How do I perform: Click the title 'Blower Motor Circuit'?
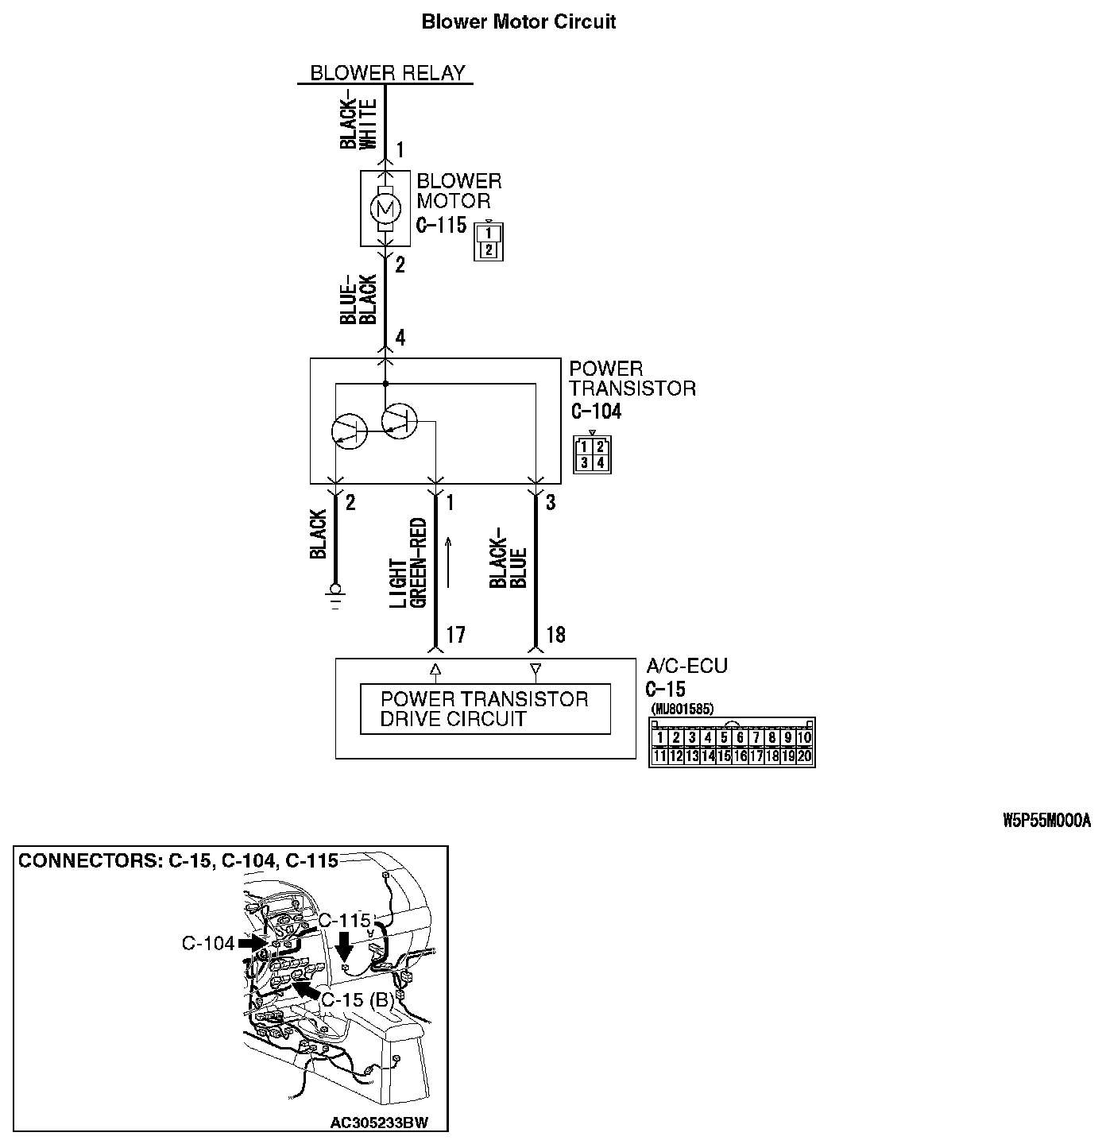click(518, 21)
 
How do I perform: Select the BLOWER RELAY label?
click(387, 73)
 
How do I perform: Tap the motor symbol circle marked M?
click(385, 209)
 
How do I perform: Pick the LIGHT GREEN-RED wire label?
click(408, 563)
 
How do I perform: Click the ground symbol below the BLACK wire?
click(335, 592)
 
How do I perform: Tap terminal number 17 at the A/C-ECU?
click(454, 635)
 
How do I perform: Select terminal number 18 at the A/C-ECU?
click(555, 635)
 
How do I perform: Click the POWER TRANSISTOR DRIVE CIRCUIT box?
click(485, 709)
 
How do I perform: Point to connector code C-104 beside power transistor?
click(596, 412)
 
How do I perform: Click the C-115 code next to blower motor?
click(442, 226)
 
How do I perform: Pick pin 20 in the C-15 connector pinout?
click(804, 756)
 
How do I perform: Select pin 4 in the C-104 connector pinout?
click(600, 462)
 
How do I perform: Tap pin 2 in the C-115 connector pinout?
click(489, 249)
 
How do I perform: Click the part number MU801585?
click(682, 709)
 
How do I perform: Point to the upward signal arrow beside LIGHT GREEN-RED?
click(448, 562)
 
